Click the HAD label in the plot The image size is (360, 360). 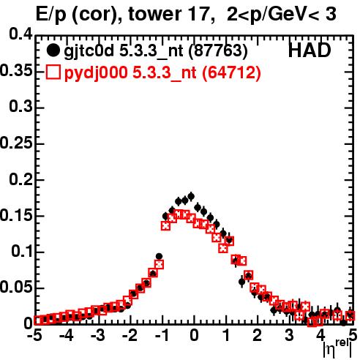pyautogui.click(x=310, y=50)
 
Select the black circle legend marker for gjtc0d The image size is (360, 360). pyautogui.click(x=53, y=50)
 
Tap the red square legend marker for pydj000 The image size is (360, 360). pyautogui.click(x=53, y=72)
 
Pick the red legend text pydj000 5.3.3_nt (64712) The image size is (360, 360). pyautogui.click(x=162, y=73)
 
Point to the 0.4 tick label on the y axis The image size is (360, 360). pyautogui.click(x=21, y=34)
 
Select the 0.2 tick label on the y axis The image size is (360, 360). pyautogui.click(x=21, y=179)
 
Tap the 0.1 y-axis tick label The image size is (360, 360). pyautogui.click(x=22, y=251)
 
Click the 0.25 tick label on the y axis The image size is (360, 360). pyautogui.click(x=16, y=143)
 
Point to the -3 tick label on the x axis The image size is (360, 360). pyautogui.click(x=98, y=335)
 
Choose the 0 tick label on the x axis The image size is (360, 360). pyautogui.click(x=194, y=335)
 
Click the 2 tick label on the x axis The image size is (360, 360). pyautogui.click(x=258, y=335)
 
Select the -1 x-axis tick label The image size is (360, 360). pyautogui.click(x=162, y=335)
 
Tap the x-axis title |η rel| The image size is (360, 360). pyautogui.click(x=337, y=348)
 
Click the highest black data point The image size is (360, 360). pyautogui.click(x=191, y=196)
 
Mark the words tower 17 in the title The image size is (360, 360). pyautogui.click(x=169, y=14)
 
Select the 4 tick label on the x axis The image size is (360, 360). pyautogui.click(x=320, y=335)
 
